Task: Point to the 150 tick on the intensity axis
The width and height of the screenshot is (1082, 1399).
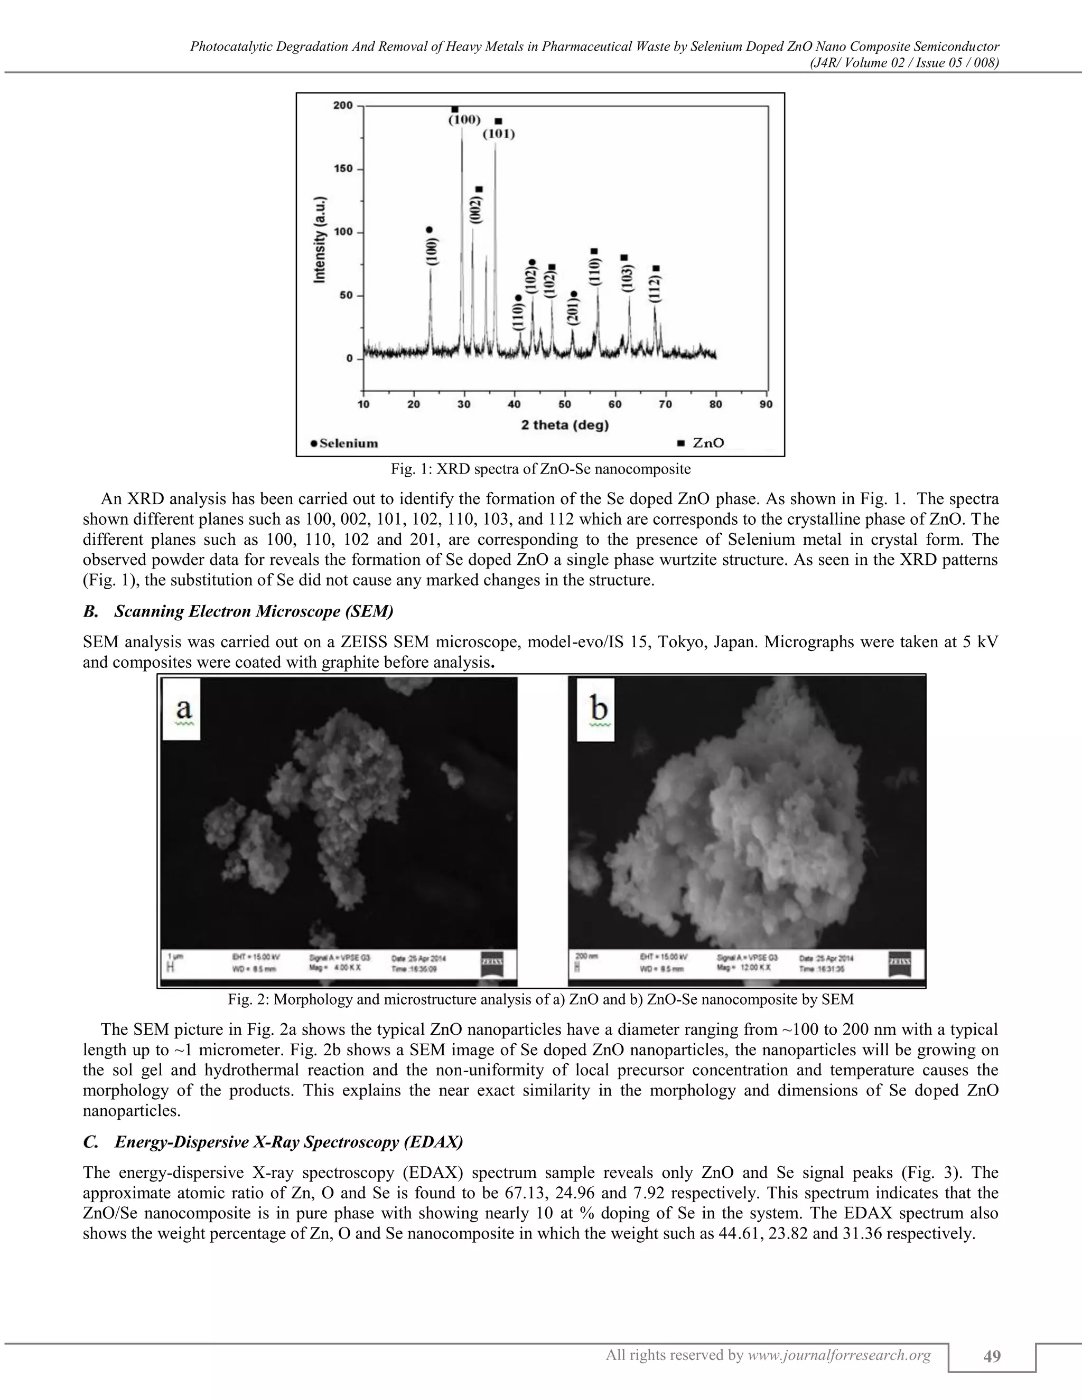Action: (345, 169)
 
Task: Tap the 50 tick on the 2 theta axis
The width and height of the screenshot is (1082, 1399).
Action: (564, 405)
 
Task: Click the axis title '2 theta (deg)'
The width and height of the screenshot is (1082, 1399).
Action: (564, 424)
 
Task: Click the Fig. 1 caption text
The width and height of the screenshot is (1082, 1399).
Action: (540, 469)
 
